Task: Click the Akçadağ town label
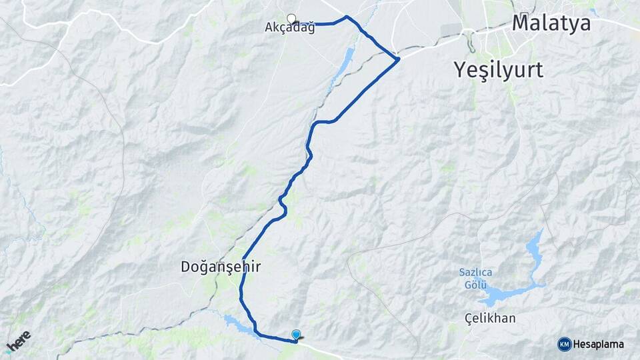pyautogui.click(x=290, y=29)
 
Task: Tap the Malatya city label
pyautogui.click(x=551, y=23)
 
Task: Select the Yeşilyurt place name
pyautogui.click(x=499, y=69)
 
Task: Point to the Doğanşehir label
pyautogui.click(x=221, y=267)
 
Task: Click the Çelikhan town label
pyautogui.click(x=490, y=318)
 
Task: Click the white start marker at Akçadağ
pyautogui.click(x=291, y=18)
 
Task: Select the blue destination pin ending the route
pyautogui.click(x=296, y=335)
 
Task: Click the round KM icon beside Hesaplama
pyautogui.click(x=564, y=344)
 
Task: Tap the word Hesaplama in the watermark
pyautogui.click(x=599, y=344)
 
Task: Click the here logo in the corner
pyautogui.click(x=18, y=341)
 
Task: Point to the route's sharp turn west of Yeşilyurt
pyautogui.click(x=398, y=60)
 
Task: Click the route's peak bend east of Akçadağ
pyautogui.click(x=347, y=17)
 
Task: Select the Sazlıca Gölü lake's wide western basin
pyautogui.click(x=497, y=295)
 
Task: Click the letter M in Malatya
pyautogui.click(x=522, y=23)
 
